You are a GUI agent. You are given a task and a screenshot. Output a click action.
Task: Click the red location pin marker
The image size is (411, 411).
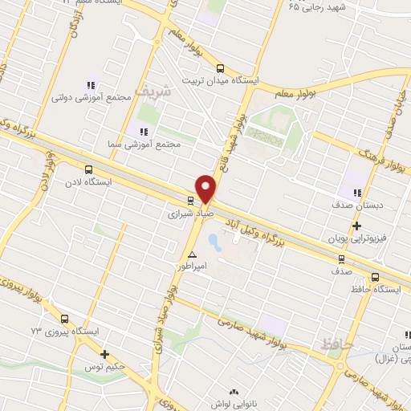coord(206,188)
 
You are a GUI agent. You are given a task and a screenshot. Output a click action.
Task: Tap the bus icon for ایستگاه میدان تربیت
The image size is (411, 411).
coord(221,69)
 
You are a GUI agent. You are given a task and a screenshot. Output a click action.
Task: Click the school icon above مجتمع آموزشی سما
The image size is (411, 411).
coord(143,131)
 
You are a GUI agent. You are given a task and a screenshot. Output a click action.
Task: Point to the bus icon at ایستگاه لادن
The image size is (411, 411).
coord(88,170)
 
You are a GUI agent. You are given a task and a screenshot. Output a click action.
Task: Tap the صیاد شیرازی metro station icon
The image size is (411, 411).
coord(190,201)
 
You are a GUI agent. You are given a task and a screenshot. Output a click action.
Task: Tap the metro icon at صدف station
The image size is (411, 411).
coord(342,259)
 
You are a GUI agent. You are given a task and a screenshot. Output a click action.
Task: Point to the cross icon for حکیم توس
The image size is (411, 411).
coord(104,354)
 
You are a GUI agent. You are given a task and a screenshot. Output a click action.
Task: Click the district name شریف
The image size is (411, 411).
coord(153,91)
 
